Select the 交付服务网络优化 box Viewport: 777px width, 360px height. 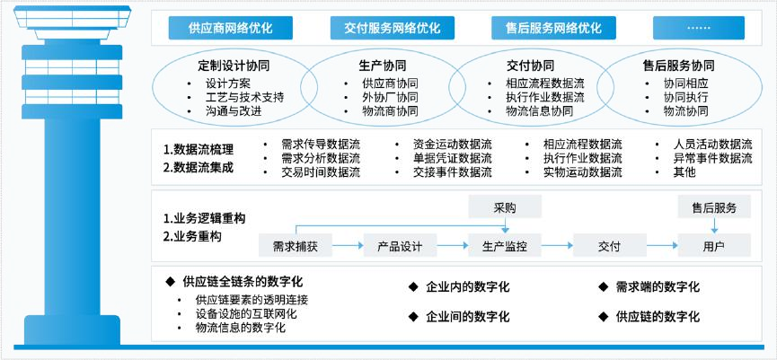pos(392,29)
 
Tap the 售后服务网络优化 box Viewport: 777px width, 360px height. pos(547,29)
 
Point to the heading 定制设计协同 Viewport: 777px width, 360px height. pos(234,66)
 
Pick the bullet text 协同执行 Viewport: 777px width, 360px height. pos(685,97)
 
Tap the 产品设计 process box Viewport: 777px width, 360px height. pos(400,245)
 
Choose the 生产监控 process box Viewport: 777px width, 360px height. pos(505,245)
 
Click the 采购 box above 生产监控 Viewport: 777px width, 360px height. pos(505,207)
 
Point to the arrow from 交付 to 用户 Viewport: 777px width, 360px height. pos(660,245)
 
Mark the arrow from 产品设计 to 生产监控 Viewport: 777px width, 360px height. pos(452,245)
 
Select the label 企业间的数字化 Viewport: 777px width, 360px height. pos(467,316)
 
